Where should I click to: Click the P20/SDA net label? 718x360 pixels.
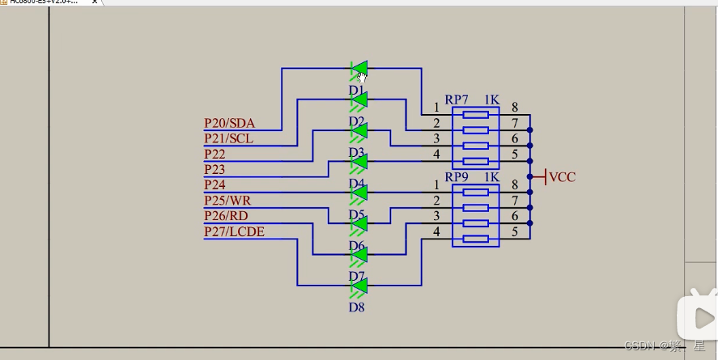[229, 123]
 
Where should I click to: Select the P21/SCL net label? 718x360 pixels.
[228, 138]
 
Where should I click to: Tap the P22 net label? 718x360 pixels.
[215, 154]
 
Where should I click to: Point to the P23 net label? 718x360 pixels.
[215, 170]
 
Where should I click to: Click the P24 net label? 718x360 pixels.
[215, 185]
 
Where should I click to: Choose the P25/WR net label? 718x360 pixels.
[227, 201]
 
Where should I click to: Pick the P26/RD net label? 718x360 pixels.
[226, 216]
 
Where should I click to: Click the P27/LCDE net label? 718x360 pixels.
[234, 232]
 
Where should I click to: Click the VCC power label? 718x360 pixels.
[562, 176]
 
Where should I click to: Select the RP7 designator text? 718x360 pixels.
[457, 100]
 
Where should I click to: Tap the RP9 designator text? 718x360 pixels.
[457, 177]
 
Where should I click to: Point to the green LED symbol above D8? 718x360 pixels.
[359, 286]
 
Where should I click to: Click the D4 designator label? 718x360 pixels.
[356, 184]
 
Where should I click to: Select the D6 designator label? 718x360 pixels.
[356, 246]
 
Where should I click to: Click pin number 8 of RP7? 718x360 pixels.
[515, 107]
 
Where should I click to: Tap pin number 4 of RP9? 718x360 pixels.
[436, 232]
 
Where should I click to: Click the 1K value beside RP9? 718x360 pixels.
[491, 177]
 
